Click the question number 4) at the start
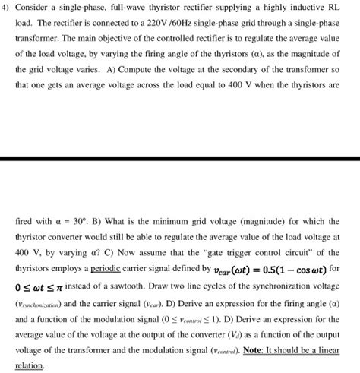[x=8, y=8]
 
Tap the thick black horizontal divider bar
[x=180, y=158]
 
